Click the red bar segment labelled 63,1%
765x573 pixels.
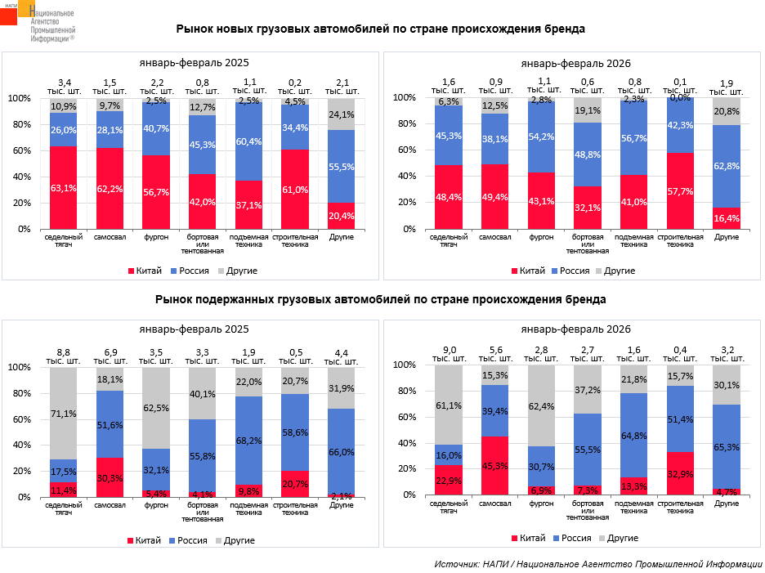[x=64, y=188]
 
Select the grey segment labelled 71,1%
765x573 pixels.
[x=64, y=413]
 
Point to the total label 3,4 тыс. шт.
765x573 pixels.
[x=64, y=85]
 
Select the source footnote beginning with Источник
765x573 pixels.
[x=598, y=563]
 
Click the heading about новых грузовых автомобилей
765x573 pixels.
[x=381, y=29]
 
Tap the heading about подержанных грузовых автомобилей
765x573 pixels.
[x=381, y=299]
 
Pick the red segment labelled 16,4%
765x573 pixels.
[x=727, y=218]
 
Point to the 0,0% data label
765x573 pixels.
[x=681, y=97]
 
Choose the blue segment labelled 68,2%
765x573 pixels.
[x=249, y=441]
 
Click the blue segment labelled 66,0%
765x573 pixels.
[x=342, y=452]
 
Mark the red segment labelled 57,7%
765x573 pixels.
[x=681, y=191]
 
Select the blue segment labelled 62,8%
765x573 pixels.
[x=727, y=166]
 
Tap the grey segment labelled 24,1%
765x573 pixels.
[x=342, y=114]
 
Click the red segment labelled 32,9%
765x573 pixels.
[x=681, y=474]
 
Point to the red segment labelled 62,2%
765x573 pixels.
[x=110, y=189]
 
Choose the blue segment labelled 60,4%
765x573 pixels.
[x=249, y=141]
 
